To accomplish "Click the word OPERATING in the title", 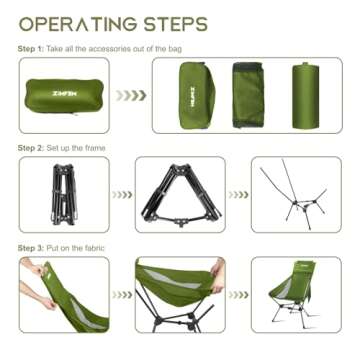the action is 76,24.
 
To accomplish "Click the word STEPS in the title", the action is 175,24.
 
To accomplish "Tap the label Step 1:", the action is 31,49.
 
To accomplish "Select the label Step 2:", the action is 31,148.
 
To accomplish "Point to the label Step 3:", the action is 31,248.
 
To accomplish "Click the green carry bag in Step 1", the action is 64,95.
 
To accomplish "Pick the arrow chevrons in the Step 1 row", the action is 131,95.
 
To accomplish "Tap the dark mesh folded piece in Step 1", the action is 248,95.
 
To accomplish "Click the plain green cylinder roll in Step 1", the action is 306,95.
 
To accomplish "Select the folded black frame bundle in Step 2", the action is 64,194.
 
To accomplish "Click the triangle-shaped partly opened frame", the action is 181,195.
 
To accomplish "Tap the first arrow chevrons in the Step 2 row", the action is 122,195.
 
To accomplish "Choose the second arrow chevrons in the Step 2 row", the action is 238,195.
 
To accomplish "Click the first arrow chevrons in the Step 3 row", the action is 122,295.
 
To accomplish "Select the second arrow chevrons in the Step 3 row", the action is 238,295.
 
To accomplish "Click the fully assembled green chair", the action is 293,293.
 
